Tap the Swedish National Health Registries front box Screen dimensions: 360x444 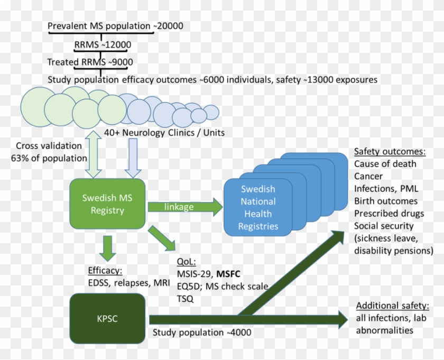coord(258,208)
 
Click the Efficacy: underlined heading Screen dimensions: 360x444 coord(105,271)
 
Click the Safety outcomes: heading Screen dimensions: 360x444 coord(390,152)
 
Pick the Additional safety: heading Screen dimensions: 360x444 coord(392,306)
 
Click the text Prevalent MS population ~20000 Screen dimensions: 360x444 coord(116,26)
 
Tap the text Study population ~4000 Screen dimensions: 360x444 coord(202,333)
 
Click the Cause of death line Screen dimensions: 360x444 coord(385,164)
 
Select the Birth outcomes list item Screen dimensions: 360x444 coord(385,201)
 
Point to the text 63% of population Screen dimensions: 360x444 coord(49,158)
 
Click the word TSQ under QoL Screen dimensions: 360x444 coord(185,299)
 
